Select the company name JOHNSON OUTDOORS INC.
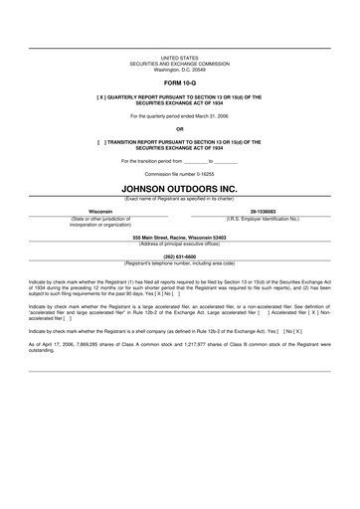tap(180, 186)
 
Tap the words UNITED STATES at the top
tap(180, 60)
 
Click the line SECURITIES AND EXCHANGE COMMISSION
tap(180, 66)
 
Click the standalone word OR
tap(180, 128)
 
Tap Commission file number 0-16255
tap(180, 171)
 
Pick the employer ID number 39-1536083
tap(263, 212)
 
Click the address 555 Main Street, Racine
tap(180, 238)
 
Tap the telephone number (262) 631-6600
tap(180, 256)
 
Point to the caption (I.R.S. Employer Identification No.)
tap(263, 218)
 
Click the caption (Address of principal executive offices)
tap(180, 244)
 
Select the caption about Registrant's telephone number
tap(180, 262)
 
